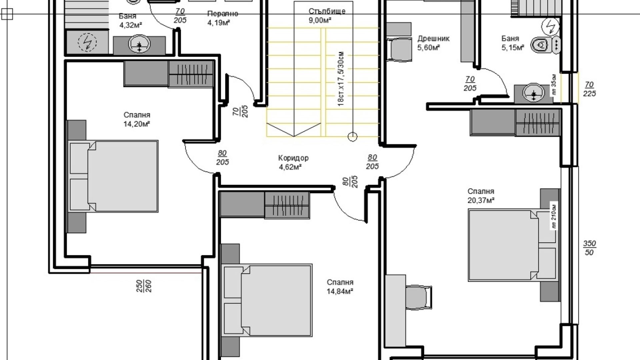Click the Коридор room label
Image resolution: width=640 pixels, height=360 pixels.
pos(293,158)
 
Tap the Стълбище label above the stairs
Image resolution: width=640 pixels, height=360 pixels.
pos(327,11)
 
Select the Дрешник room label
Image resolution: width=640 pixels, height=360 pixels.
pos(433,39)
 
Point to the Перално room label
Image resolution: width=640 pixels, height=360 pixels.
pos(223,14)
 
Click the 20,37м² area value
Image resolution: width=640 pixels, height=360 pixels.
pos(481,200)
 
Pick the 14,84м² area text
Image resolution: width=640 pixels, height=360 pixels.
pos(340,291)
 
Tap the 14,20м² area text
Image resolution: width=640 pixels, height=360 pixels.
pos(137,124)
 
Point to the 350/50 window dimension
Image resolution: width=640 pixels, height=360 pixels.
pos(589,248)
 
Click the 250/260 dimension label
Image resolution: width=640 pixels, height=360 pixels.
pos(144,286)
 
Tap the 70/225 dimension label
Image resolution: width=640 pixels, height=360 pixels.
pos(589,89)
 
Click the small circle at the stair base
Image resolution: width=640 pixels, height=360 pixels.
pos(352,137)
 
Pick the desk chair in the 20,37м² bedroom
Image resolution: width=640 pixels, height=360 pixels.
pos(418,297)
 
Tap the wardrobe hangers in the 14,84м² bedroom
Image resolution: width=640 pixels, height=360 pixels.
pos(287,205)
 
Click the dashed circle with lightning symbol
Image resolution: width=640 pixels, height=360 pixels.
pos(87,42)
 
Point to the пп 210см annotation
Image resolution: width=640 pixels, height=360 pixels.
pos(554,216)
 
